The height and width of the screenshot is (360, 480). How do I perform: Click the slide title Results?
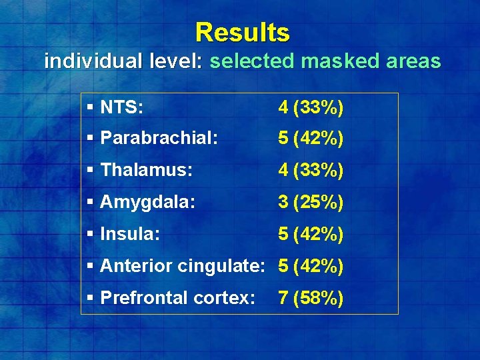[243, 32]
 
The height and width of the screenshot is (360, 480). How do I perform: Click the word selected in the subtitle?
[252, 62]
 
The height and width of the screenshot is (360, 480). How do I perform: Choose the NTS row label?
[121, 107]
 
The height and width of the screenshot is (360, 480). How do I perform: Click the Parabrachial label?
[149, 139]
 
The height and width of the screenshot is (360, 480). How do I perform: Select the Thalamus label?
[146, 171]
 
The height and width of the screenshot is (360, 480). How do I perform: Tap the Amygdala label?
[147, 203]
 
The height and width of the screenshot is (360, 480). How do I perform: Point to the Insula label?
[130, 235]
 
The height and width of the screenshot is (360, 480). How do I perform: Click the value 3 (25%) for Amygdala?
[311, 203]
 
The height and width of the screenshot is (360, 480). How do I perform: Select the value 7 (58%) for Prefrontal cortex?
[311, 299]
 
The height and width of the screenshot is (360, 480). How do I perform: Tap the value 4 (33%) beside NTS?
[311, 107]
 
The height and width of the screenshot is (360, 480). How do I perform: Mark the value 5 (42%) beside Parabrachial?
[311, 139]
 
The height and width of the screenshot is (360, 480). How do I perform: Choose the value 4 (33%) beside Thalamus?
[311, 171]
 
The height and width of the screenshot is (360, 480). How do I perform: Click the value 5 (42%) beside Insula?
[311, 235]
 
